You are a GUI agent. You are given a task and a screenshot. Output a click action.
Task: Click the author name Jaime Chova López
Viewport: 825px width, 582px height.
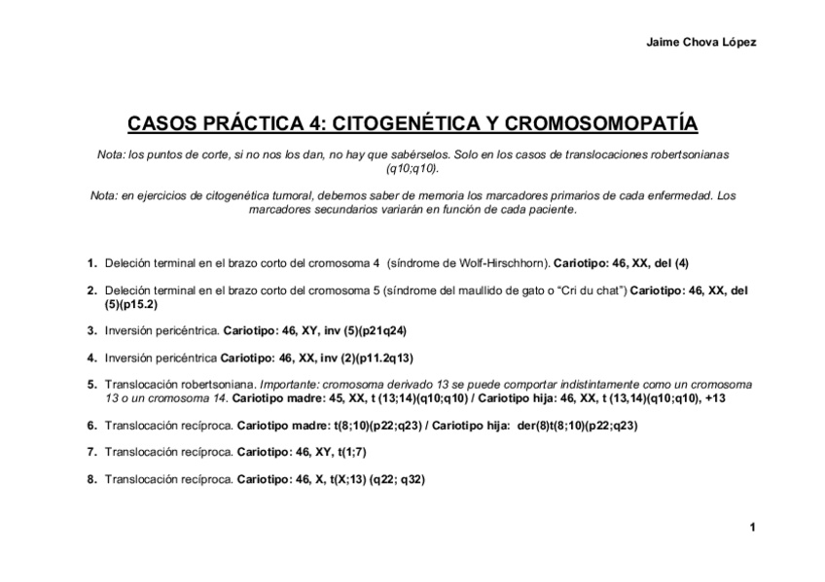tap(700, 42)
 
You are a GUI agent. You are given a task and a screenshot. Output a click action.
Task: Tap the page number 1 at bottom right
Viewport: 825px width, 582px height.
tap(752, 527)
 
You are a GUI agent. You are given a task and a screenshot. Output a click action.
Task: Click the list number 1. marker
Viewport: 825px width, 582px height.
tap(91, 262)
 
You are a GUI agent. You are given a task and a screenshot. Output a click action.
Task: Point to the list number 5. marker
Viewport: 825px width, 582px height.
tap(91, 385)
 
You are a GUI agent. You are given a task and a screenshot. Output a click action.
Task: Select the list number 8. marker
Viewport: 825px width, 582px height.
tap(91, 479)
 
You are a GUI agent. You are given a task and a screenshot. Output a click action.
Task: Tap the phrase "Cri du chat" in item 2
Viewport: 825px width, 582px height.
tap(592, 290)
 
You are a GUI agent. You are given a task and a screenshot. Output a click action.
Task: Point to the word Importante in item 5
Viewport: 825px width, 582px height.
tap(291, 385)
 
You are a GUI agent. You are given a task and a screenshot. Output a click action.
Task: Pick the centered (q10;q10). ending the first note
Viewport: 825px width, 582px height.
tap(412, 168)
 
